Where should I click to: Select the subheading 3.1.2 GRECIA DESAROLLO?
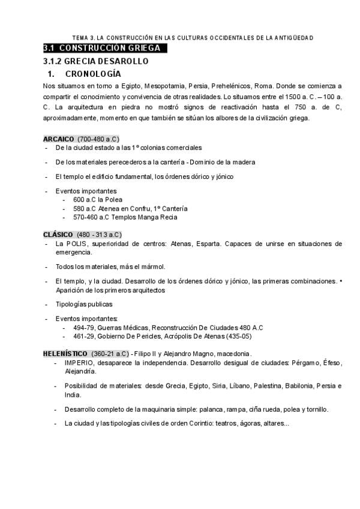pyautogui.click(x=96, y=61)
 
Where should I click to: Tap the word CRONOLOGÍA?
pyautogui.click(x=93, y=74)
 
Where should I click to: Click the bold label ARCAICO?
pyautogui.click(x=58, y=139)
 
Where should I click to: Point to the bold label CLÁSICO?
pyautogui.click(x=58, y=234)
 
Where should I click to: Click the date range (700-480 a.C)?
pyautogui.click(x=98, y=139)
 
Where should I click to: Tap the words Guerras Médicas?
pyautogui.click(x=123, y=327)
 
